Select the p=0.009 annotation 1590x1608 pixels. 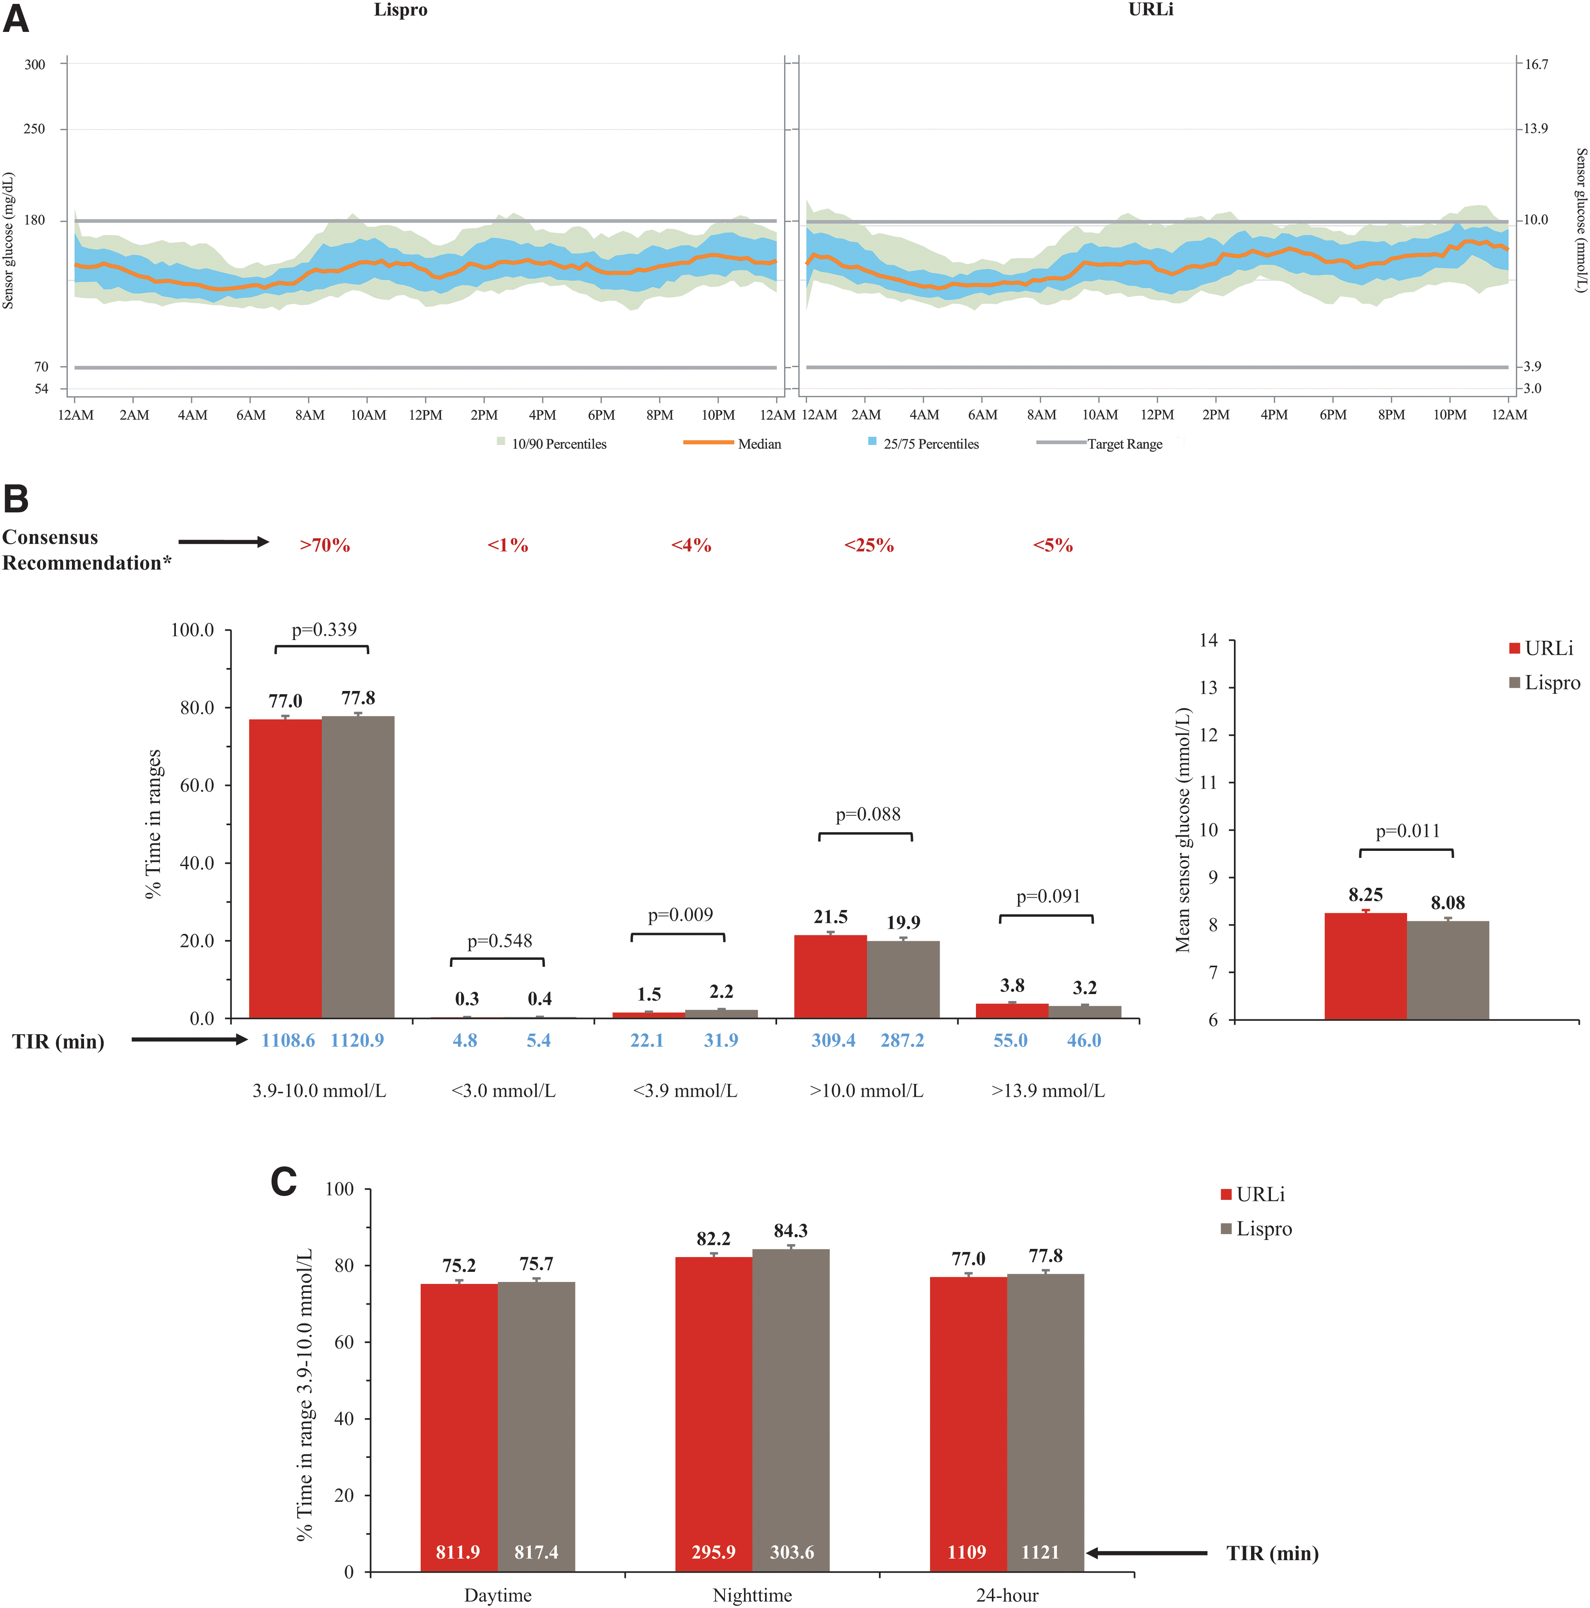pos(680,915)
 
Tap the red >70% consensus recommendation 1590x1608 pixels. pos(325,545)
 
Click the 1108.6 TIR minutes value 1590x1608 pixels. pos(288,1040)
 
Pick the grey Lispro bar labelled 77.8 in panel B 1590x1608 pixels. pos(358,867)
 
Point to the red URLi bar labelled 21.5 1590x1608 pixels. pos(831,977)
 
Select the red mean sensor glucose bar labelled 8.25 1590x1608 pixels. pos(1365,966)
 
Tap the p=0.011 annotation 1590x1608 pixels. pos(1408,831)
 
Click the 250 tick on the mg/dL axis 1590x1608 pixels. pos(34,129)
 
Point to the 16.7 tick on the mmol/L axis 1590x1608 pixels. pos(1536,64)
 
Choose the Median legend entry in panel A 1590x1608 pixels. pos(733,444)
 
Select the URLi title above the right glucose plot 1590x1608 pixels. pos(1150,10)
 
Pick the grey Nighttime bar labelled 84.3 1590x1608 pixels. pos(791,1410)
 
